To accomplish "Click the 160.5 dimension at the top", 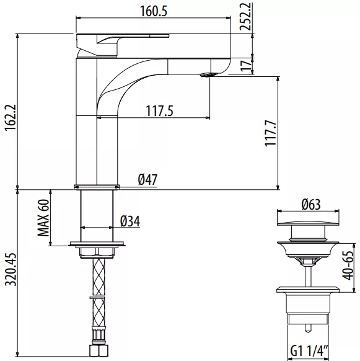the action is pos(154,11).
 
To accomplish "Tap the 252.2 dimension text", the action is pos(245,16).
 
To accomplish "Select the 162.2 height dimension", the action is pos(11,118).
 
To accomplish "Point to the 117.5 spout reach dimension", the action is pos(159,111).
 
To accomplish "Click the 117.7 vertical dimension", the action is pos(271,133).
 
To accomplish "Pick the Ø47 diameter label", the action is pos(147,180).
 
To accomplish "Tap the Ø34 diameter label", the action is pos(130,221).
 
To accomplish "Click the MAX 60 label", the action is pos(43,218).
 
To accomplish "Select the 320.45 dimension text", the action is pos(11,270).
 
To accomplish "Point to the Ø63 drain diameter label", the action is pos(311,205).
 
